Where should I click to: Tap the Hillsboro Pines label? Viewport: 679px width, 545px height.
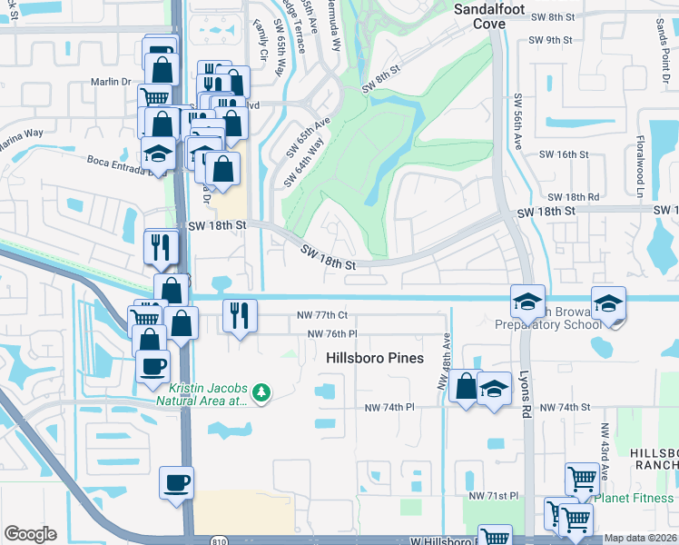[x=375, y=358]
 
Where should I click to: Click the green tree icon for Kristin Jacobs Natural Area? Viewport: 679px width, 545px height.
[x=261, y=391]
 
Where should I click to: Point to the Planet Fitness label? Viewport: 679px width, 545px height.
[x=635, y=497]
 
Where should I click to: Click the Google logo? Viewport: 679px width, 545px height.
[x=30, y=534]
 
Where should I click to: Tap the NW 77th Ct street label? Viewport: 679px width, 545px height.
[x=322, y=315]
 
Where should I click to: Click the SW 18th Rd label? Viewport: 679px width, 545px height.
[x=574, y=197]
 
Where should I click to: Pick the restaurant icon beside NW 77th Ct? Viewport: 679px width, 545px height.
[x=238, y=316]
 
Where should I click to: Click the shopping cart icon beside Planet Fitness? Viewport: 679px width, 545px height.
[x=581, y=478]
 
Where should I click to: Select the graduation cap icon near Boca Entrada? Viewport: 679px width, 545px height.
[x=159, y=153]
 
